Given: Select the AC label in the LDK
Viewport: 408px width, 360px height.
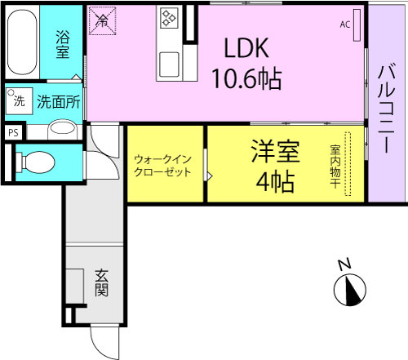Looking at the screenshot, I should click(x=345, y=24).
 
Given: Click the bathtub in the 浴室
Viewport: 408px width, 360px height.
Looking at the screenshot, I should click(x=22, y=42).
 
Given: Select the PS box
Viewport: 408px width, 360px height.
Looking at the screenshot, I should click(x=12, y=131).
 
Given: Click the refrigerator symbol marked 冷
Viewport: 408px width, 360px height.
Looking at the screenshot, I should click(x=103, y=22).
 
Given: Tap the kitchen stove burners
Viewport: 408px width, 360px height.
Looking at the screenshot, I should click(x=169, y=19).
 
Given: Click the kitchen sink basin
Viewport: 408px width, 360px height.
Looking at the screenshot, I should click(x=170, y=62).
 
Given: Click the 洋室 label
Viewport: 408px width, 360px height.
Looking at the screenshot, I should click(x=275, y=152).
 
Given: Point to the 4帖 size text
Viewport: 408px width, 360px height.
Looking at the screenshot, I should click(x=275, y=182).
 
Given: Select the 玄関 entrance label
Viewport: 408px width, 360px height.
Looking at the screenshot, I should click(x=101, y=283).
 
